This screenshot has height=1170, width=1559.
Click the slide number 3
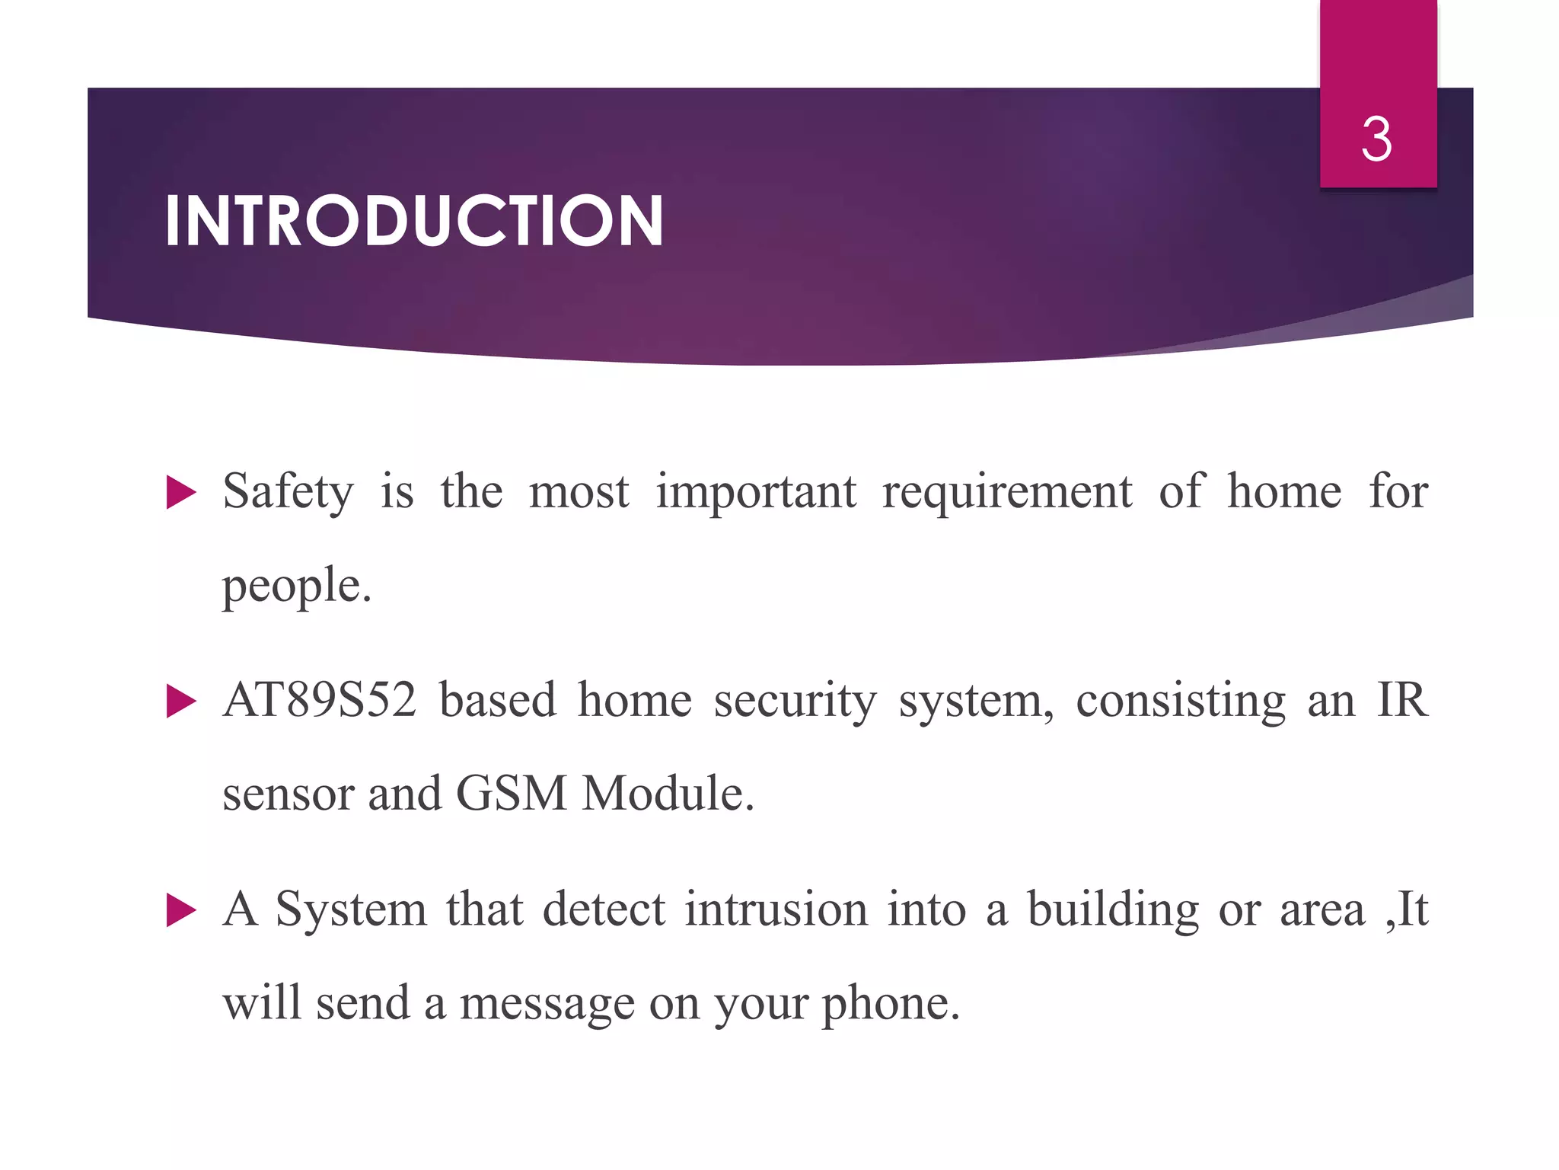pos(1377,140)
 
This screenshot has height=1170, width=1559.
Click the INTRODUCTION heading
pos(414,222)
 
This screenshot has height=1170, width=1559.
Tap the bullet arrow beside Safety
pos(181,493)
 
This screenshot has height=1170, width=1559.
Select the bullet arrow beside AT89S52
pos(181,702)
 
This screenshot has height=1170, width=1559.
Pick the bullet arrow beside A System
pos(181,910)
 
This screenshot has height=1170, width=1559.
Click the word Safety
pos(288,493)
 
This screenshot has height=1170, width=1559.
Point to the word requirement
pos(1007,491)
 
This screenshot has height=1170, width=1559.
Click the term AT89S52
pos(320,700)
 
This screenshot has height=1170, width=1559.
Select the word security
pos(795,702)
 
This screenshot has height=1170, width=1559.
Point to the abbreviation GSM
pos(512,794)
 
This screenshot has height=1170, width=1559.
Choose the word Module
pos(667,794)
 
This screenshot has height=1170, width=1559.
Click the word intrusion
pos(776,909)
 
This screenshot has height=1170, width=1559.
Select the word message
pos(547,1004)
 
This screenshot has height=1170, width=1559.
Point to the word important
pos(756,493)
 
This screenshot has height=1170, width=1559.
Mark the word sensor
pos(288,795)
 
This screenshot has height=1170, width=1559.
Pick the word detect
pos(604,909)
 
